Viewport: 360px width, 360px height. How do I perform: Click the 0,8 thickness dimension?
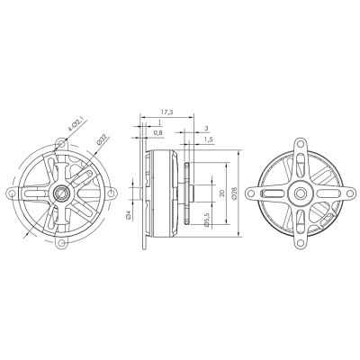click(x=158, y=133)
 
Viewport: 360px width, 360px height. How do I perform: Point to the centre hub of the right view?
click(x=297, y=191)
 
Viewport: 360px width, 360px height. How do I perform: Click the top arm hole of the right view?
click(x=297, y=144)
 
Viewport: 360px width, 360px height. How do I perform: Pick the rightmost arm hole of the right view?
click(x=344, y=191)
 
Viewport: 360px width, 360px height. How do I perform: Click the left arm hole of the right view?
click(x=250, y=191)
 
